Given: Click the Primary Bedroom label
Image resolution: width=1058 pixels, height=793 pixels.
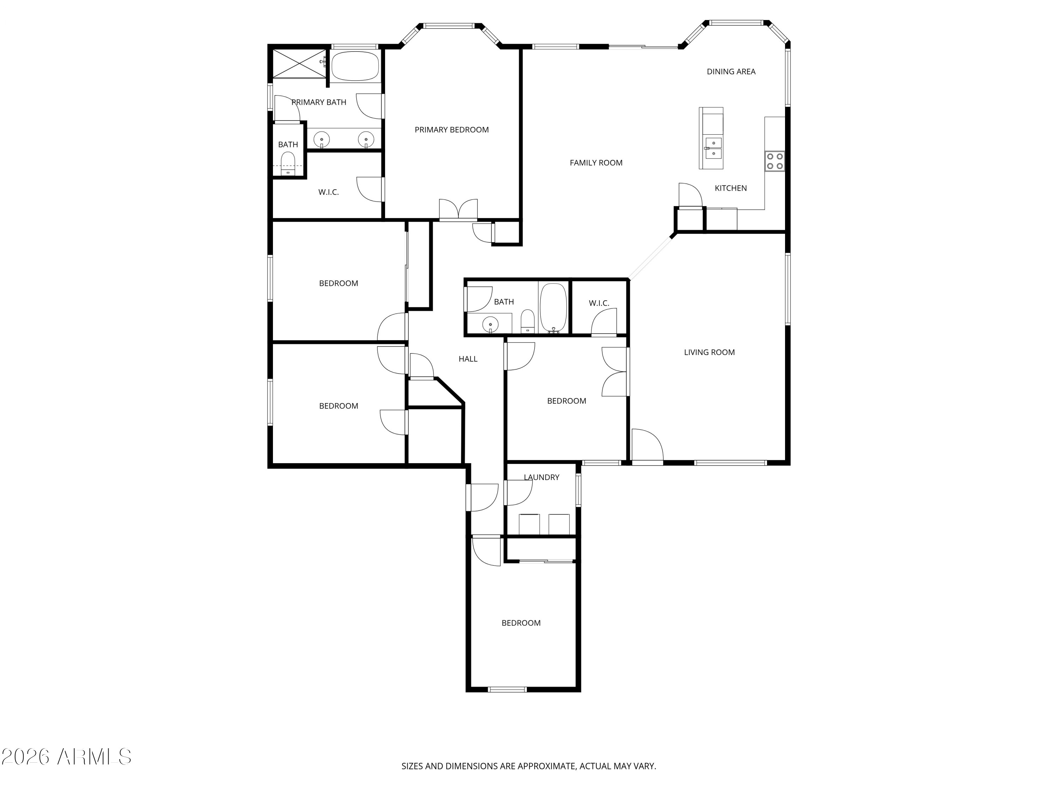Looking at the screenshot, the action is [x=451, y=130].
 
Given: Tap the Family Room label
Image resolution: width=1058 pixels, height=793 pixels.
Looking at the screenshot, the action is [x=596, y=162].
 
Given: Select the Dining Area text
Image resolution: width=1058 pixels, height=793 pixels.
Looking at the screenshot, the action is [x=731, y=72].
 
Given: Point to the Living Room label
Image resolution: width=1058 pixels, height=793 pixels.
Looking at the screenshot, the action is [x=709, y=352].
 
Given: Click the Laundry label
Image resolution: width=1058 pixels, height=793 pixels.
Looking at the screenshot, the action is [x=541, y=477].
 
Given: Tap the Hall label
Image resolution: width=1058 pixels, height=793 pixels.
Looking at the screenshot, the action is [x=468, y=359].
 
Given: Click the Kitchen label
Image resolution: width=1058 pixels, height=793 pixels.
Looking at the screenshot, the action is [x=730, y=188].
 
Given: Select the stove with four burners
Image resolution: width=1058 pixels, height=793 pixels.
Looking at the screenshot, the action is [x=775, y=161].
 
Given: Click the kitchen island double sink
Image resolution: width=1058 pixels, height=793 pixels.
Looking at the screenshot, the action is [x=713, y=148].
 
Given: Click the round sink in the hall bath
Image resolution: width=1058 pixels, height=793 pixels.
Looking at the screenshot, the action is [x=490, y=325].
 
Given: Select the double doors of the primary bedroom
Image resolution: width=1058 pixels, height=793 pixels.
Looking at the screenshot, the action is [x=458, y=210].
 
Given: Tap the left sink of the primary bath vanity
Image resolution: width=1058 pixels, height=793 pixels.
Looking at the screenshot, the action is [x=321, y=140].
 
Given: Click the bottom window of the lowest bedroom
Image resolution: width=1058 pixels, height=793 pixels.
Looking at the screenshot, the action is [x=507, y=689].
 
